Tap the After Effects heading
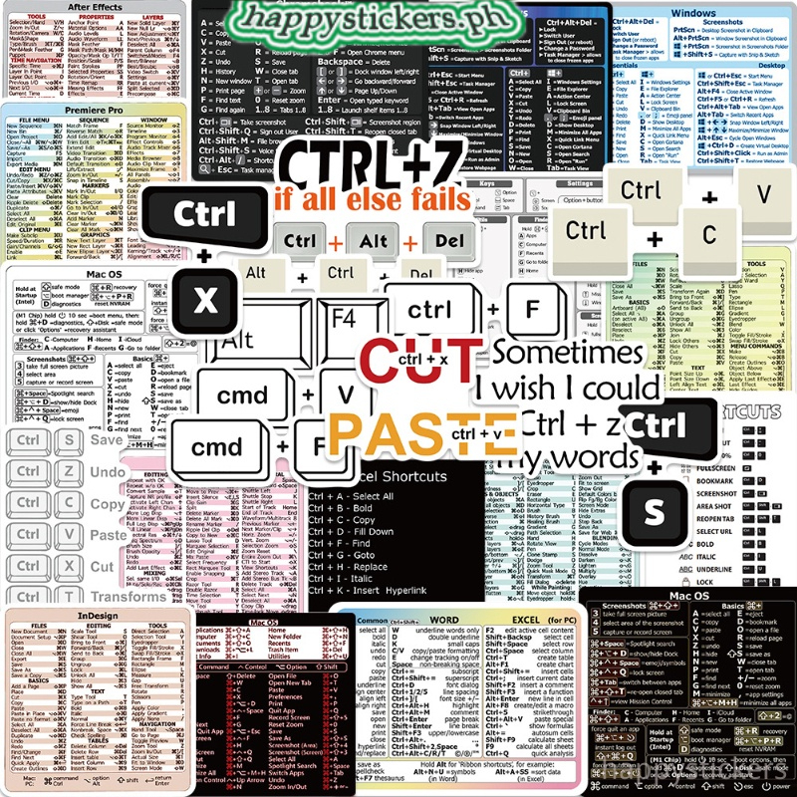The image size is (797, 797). pyautogui.click(x=95, y=7)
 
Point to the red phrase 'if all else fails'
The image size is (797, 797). pyautogui.click(x=372, y=199)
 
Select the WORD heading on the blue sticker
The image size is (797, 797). pyautogui.click(x=442, y=619)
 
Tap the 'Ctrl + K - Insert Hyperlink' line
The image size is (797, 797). pyautogui.click(x=381, y=591)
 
